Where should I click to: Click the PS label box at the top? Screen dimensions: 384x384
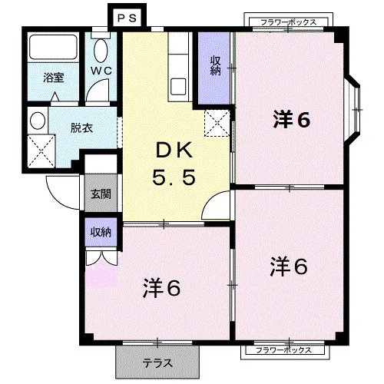pos(127,18)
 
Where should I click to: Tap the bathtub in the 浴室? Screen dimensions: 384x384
pos(53,47)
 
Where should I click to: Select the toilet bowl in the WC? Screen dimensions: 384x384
pos(101,51)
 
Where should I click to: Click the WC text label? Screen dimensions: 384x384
pos(101,71)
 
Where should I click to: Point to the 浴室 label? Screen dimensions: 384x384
pos(53,78)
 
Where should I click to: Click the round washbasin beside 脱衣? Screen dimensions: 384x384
pos(38,120)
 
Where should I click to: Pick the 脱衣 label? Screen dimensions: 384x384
pos(81,127)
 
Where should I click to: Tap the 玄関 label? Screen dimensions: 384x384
pos(101,194)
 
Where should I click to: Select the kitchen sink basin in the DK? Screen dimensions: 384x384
pos(178,87)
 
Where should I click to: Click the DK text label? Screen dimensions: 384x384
pos(174,151)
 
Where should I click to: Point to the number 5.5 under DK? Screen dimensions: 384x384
pos(174,177)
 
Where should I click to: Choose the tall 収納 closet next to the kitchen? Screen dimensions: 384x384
pos(214,68)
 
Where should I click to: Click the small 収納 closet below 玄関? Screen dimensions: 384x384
pos(101,232)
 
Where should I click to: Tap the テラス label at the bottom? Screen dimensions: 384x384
pos(157,363)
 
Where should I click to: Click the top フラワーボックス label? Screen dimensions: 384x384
pos(289,22)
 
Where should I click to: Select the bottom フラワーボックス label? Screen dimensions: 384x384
pos(283,349)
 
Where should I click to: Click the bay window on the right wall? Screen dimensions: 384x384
pos(353,110)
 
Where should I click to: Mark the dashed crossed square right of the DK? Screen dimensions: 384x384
pos(217,123)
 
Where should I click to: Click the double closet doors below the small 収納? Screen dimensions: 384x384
pos(101,257)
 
